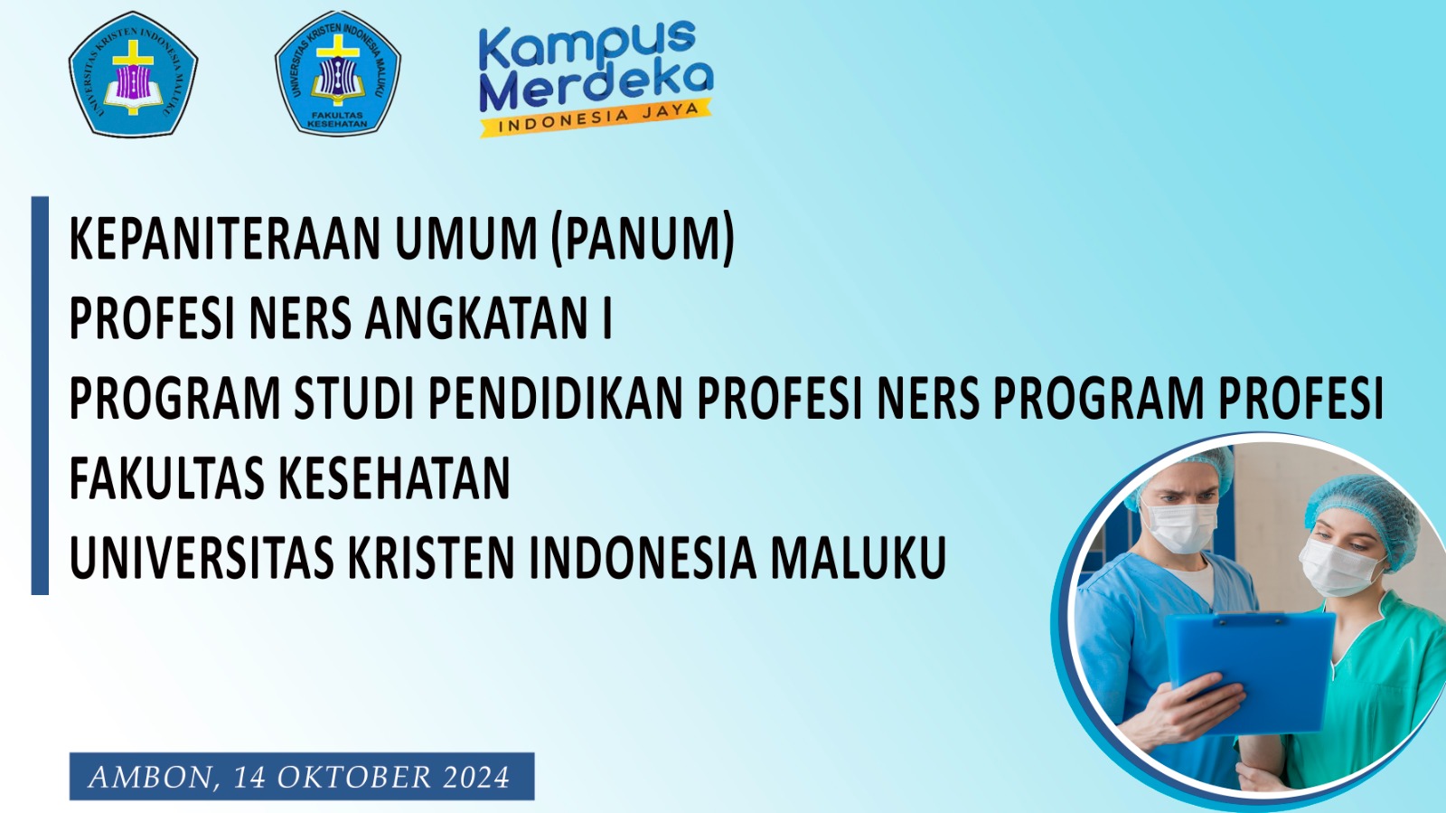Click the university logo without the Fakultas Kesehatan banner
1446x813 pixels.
(x=133, y=74)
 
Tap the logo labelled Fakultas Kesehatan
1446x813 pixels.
(x=337, y=74)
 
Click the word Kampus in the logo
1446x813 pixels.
(x=587, y=45)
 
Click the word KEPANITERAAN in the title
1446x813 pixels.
(x=226, y=240)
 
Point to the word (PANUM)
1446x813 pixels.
(x=643, y=240)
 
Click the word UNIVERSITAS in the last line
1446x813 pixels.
(x=202, y=558)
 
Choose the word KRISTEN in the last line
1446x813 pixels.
(x=431, y=558)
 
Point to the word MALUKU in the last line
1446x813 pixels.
(x=858, y=558)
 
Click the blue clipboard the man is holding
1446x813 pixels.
(x=1252, y=669)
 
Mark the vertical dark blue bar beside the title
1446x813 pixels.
(x=40, y=395)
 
